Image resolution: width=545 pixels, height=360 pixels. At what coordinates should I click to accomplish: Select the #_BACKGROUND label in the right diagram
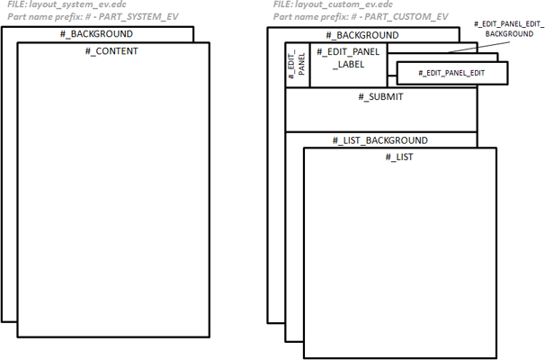[367, 35]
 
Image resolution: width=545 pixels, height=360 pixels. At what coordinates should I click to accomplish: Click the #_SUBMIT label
[380, 97]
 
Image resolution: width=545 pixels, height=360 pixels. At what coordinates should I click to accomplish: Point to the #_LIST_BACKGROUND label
[380, 140]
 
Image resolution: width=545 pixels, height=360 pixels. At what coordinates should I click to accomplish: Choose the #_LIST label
[400, 157]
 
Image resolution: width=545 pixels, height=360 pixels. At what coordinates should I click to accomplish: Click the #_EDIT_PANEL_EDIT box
[451, 72]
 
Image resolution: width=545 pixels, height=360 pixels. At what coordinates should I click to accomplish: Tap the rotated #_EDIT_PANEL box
[297, 66]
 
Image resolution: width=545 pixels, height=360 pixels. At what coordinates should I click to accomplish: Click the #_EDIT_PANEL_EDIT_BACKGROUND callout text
[508, 27]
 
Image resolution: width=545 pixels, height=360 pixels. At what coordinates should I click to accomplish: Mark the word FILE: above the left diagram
[17, 5]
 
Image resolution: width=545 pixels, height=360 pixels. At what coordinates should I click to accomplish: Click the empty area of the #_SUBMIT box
[380, 117]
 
